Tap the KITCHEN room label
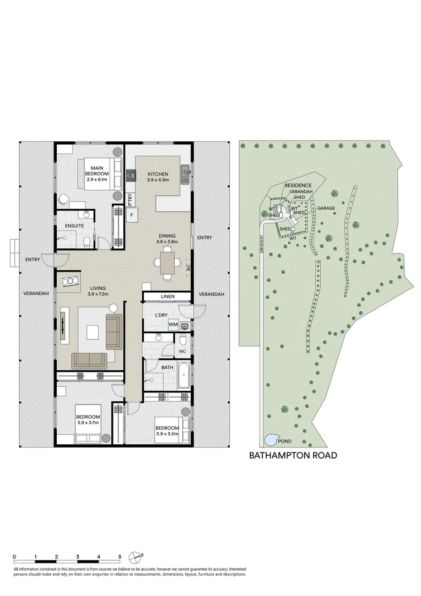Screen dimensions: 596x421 [158, 174]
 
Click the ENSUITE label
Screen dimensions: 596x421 [74, 226]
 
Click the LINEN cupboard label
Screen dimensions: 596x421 [168, 297]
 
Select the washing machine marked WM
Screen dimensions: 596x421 [172, 324]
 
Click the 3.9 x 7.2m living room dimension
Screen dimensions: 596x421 [98, 294]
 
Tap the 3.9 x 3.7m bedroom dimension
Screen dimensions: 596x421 [88, 423]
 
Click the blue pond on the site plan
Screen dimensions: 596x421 [271, 440]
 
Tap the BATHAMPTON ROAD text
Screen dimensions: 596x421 [293, 456]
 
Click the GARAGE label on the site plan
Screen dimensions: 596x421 [326, 209]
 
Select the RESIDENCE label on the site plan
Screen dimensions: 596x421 [298, 185]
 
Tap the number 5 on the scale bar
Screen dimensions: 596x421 [120, 557]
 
